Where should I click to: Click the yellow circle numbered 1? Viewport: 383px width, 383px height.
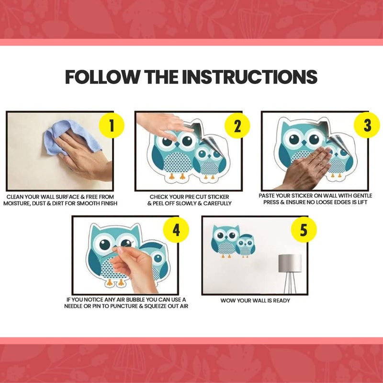point(112,125)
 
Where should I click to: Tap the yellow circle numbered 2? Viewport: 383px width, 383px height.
point(237,125)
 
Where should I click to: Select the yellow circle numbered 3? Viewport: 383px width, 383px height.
point(367,125)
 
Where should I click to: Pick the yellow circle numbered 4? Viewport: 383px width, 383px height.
point(176,230)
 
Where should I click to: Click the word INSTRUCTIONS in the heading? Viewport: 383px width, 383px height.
point(249,77)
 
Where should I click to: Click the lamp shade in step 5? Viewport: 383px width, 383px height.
point(290,263)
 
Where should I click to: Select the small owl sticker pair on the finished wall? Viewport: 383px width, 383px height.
point(233,241)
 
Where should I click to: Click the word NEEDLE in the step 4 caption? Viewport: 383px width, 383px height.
point(73,306)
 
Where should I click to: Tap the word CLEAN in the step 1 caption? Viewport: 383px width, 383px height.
point(14,197)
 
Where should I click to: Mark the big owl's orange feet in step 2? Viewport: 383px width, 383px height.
point(177,176)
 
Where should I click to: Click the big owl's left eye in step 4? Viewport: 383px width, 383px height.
point(105,244)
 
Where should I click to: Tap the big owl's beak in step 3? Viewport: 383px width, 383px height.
point(304,143)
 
